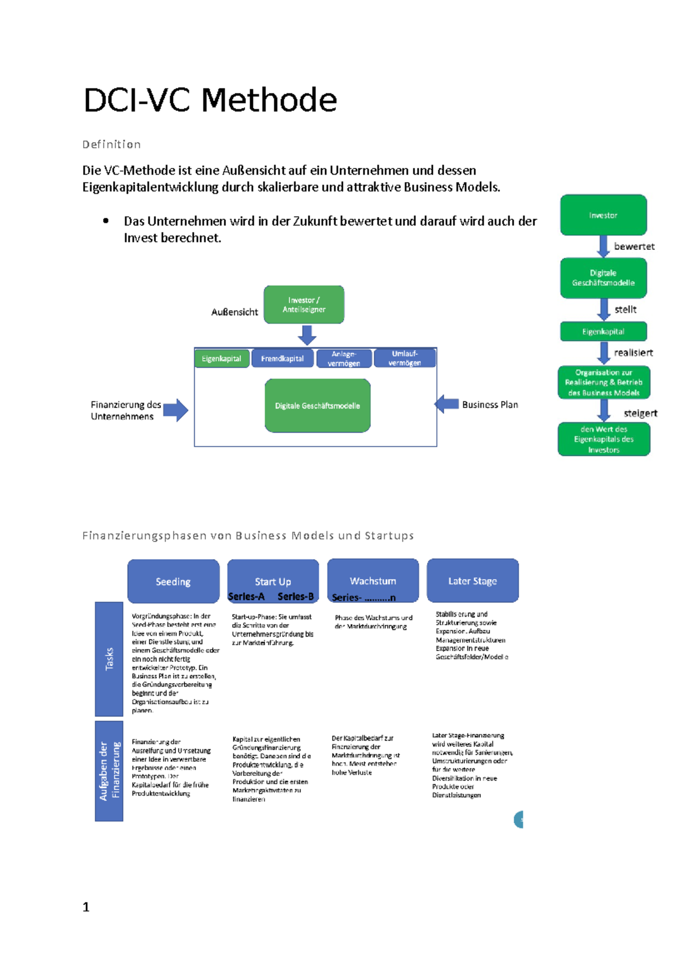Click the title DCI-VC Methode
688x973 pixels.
point(210,100)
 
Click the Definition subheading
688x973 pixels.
point(111,144)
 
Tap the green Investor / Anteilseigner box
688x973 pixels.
point(304,305)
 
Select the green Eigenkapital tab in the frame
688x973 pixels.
point(221,359)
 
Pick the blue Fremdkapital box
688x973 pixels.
point(282,359)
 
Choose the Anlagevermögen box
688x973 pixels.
point(343,359)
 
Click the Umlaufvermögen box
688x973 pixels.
point(404,358)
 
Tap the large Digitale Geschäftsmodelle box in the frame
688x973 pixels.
point(317,406)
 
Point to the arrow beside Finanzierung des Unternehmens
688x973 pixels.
point(175,410)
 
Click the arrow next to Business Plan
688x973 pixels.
point(447,404)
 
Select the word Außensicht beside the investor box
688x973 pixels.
point(234,312)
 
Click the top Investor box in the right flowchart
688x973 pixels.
point(603,215)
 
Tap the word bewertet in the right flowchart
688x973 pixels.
point(634,246)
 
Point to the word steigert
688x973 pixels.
point(640,413)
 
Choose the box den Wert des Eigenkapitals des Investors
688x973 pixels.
point(604,440)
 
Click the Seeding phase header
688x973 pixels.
point(173,582)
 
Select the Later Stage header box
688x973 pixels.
point(472,580)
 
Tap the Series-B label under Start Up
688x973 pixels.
point(295,597)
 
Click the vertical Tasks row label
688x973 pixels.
point(109,659)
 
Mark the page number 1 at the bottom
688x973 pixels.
point(86,907)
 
